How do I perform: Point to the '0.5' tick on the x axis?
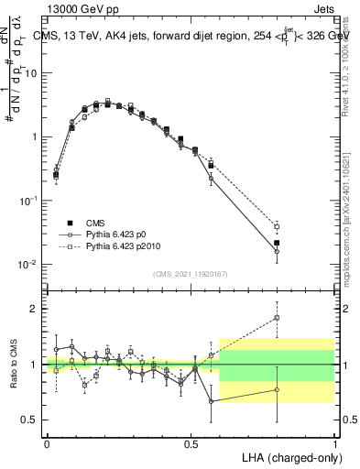(191, 442)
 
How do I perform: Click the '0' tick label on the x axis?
(47, 442)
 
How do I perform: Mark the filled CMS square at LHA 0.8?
(277, 243)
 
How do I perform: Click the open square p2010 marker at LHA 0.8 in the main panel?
(277, 226)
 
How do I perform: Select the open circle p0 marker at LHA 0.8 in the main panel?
(277, 251)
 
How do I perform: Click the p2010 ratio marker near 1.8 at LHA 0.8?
(277, 318)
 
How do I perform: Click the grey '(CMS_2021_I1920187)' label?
(191, 273)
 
